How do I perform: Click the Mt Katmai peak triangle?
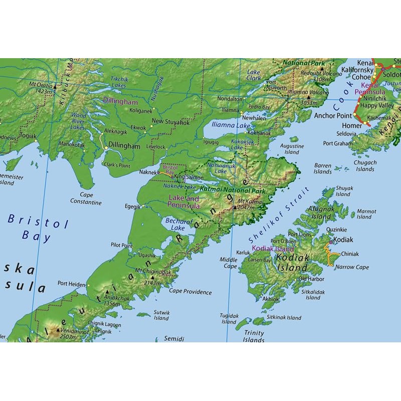tap(235, 206)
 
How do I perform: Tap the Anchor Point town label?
tap(331, 115)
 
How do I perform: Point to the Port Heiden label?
tap(72, 284)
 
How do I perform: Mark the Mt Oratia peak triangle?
tap(55, 87)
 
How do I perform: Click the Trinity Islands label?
tap(254, 336)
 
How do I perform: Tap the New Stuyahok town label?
tap(170, 121)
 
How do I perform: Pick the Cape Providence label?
tap(190, 292)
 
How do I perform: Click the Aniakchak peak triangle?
tap(107, 292)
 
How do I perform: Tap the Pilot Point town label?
tap(122, 245)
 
